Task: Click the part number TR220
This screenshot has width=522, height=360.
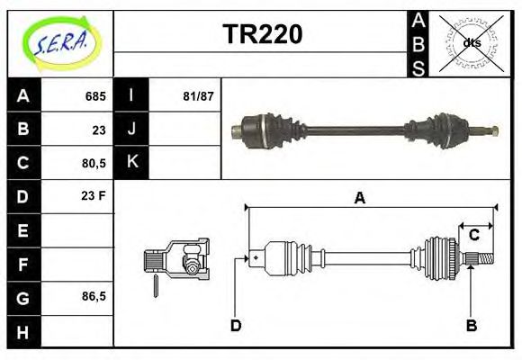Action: [x=262, y=34]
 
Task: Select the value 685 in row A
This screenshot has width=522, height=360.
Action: [x=95, y=95]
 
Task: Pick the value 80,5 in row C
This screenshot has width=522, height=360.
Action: [x=93, y=164]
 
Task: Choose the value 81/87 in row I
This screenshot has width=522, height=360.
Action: [x=196, y=95]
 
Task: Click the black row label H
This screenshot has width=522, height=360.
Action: [x=23, y=332]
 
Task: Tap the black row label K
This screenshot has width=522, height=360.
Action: [x=131, y=163]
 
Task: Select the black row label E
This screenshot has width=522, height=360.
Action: [x=23, y=230]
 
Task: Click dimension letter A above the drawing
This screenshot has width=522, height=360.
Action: [x=359, y=199]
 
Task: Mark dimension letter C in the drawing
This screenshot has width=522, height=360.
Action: [x=473, y=236]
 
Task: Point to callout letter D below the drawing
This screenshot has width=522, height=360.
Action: [x=236, y=325]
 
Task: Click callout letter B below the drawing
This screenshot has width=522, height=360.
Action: [x=470, y=325]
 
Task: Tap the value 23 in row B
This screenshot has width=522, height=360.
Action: [x=98, y=130]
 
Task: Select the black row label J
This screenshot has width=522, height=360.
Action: [x=131, y=130]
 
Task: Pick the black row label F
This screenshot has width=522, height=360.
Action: [x=23, y=265]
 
